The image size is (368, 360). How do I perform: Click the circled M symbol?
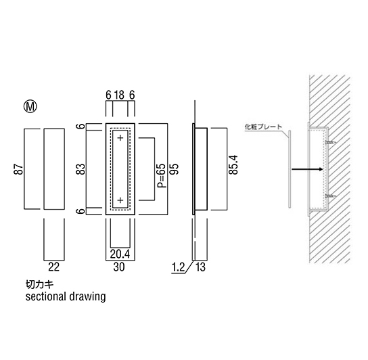click(x=30, y=107)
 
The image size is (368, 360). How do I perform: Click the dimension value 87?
click(x=19, y=169)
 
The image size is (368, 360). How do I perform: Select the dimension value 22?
click(x=53, y=267)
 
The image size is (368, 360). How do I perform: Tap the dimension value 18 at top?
click(x=120, y=95)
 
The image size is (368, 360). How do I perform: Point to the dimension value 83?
click(x=81, y=169)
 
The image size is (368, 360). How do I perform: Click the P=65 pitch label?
click(x=162, y=175)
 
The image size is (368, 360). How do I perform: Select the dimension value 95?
click(x=175, y=169)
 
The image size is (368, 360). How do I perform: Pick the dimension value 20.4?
click(x=120, y=254)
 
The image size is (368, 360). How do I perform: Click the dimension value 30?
click(x=119, y=267)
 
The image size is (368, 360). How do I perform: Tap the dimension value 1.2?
click(x=179, y=267)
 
